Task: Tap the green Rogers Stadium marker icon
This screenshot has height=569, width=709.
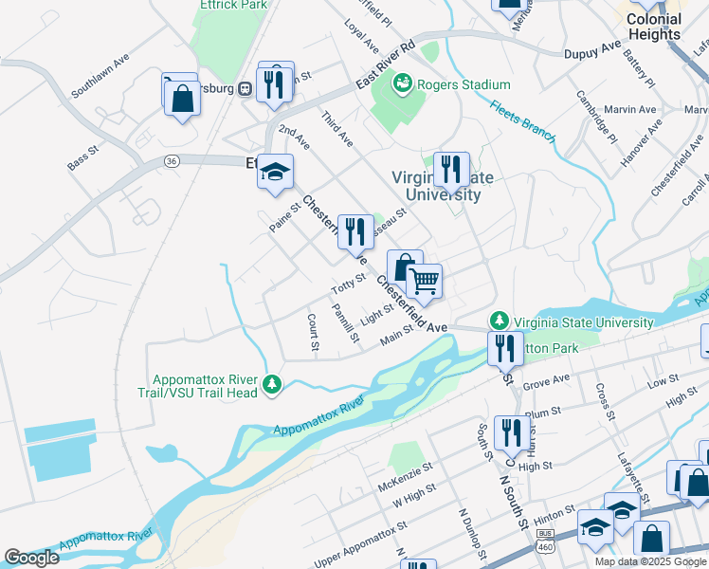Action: click(x=405, y=84)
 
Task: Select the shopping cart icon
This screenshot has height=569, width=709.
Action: click(x=425, y=280)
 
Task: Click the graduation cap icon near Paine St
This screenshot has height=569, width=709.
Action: click(x=276, y=172)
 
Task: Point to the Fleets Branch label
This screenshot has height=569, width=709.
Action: click(x=522, y=119)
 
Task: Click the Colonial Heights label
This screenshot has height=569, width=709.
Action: click(x=654, y=27)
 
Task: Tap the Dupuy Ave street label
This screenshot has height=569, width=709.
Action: click(x=592, y=49)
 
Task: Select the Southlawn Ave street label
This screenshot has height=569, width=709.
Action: click(x=100, y=79)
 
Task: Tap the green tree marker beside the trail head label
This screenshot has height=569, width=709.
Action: click(x=273, y=384)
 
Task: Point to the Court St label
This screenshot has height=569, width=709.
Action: click(x=312, y=333)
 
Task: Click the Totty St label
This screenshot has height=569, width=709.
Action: click(x=348, y=283)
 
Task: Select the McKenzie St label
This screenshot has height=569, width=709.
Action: click(x=405, y=480)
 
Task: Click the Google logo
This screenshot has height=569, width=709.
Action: click(x=31, y=558)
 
